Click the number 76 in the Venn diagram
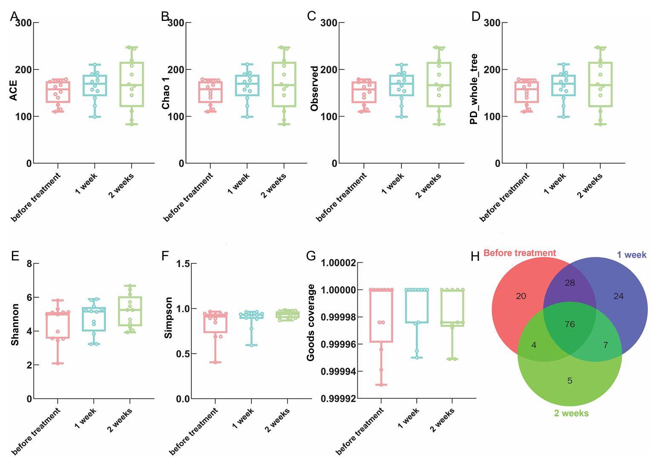570,324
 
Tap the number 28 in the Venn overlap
570,283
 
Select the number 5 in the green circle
570,381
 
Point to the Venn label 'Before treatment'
520,253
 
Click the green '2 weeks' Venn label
571,413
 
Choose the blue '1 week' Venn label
632,255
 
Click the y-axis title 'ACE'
14,90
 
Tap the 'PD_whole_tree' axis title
474,89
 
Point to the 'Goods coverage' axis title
311,323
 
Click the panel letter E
15,256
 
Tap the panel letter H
475,257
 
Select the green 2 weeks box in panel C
439,84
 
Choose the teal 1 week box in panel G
417,306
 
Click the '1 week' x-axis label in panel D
555,183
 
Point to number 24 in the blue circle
618,296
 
